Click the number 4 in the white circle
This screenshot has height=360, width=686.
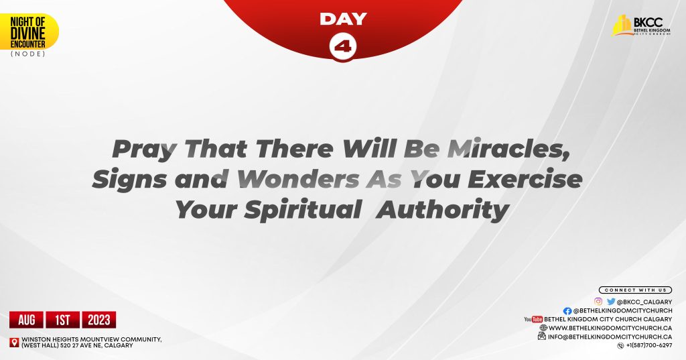tap(343, 47)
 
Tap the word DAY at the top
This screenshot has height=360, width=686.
tap(343, 19)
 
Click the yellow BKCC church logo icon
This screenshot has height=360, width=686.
tap(622, 25)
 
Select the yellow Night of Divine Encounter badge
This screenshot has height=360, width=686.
tap(28, 31)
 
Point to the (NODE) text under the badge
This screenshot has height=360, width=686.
tap(28, 54)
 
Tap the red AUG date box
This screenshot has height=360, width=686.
tap(26, 320)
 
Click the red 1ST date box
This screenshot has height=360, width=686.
tap(63, 320)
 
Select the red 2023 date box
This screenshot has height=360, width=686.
tap(100, 320)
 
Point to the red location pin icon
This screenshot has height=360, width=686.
tap(14, 343)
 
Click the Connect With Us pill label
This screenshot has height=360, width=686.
tap(635, 290)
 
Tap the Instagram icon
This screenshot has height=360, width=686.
tap(598, 302)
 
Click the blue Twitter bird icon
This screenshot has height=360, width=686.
tap(611, 302)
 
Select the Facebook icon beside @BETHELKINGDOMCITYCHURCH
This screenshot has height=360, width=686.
tap(567, 311)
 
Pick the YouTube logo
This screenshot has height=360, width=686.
tap(533, 319)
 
